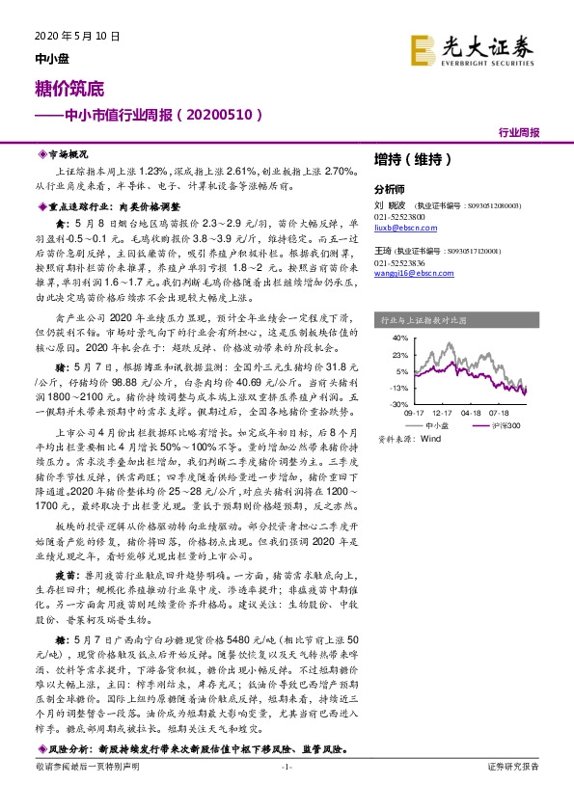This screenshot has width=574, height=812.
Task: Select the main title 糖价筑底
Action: [58, 87]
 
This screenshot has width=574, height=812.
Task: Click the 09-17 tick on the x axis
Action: [412, 413]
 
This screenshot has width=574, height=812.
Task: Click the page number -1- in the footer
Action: [286, 793]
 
